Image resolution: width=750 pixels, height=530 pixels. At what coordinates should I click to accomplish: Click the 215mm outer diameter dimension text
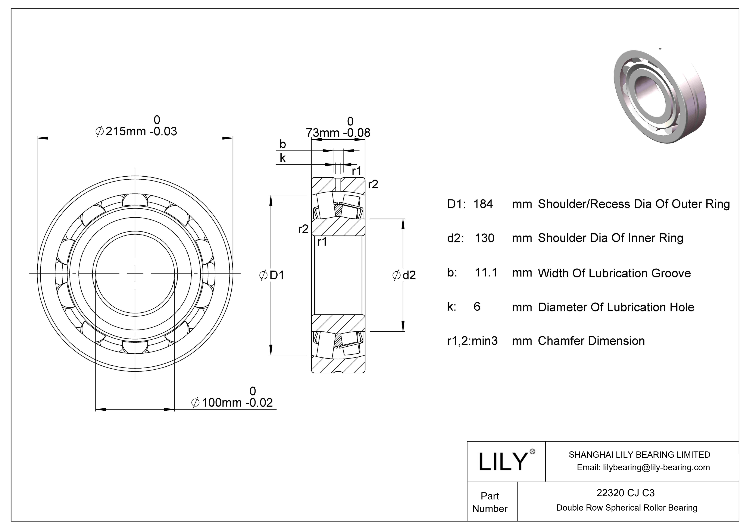[x=136, y=131]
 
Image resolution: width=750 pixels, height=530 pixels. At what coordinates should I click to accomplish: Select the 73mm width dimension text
[x=338, y=132]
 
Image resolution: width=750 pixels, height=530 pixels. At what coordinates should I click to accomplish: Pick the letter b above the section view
[x=282, y=144]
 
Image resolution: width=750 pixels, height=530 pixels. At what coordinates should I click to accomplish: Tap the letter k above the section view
[x=282, y=158]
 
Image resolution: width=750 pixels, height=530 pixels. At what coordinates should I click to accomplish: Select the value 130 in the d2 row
[x=484, y=238]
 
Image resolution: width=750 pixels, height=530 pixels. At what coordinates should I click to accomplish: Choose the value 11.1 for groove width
[x=486, y=272]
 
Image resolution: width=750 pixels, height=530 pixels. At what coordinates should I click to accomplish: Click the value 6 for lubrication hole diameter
[x=477, y=306]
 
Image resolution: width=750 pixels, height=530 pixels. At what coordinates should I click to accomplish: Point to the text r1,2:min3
[x=472, y=341]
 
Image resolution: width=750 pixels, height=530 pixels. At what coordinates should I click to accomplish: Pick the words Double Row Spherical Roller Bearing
[x=626, y=508]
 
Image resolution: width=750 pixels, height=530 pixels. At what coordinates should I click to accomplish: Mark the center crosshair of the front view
[x=135, y=274]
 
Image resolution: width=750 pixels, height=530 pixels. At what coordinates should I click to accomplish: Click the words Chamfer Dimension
[x=591, y=341]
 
